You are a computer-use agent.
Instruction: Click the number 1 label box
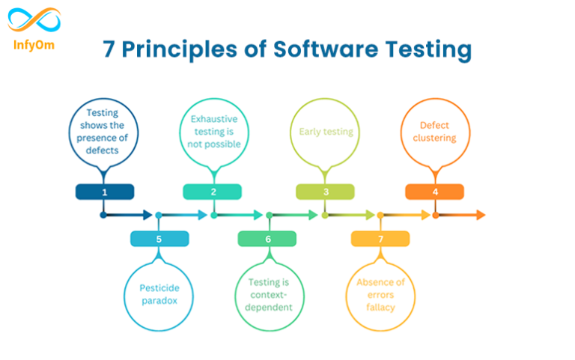(x=105, y=192)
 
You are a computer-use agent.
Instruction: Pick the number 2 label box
(x=213, y=192)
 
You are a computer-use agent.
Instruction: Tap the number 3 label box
(x=326, y=192)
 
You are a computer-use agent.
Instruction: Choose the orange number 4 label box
(x=435, y=192)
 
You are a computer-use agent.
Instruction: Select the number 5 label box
(x=159, y=239)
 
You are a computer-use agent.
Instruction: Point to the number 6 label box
(x=268, y=239)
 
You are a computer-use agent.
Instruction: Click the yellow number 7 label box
(x=380, y=239)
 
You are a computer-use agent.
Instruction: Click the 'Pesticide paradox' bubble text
(x=159, y=294)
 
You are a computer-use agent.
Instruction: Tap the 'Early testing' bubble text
(x=326, y=132)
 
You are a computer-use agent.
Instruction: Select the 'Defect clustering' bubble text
(x=435, y=132)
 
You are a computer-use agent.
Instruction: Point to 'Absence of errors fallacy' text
(x=380, y=294)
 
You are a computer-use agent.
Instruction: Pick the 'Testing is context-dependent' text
(x=269, y=294)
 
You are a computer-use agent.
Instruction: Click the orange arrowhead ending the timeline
(x=480, y=215)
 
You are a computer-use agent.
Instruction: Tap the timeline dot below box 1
(x=103, y=215)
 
